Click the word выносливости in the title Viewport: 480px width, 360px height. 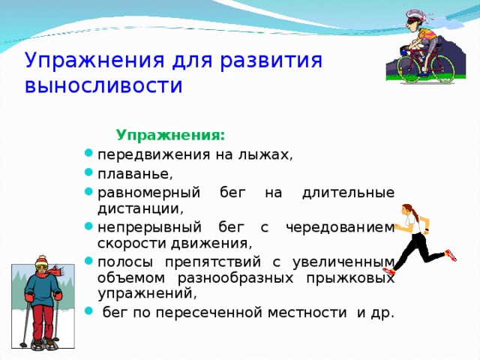(x=103, y=85)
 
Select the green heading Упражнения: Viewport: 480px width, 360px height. (x=170, y=135)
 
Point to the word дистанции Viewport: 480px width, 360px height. (x=140, y=208)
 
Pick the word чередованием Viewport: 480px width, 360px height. (x=340, y=227)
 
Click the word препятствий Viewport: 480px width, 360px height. (x=213, y=262)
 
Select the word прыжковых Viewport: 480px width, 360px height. (x=350, y=278)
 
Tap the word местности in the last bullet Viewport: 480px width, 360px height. (x=307, y=313)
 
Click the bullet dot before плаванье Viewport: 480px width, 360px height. (x=88, y=172)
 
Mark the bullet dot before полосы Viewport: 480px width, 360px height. (x=88, y=260)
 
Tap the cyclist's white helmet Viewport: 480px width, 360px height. (x=415, y=16)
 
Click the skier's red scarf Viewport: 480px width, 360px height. (x=56, y=270)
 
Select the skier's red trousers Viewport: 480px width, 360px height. (x=43, y=321)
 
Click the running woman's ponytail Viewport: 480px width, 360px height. (x=413, y=213)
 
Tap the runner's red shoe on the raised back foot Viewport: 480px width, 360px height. (x=451, y=255)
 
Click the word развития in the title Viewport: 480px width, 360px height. (x=271, y=60)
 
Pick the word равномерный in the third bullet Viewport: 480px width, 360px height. (x=148, y=193)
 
